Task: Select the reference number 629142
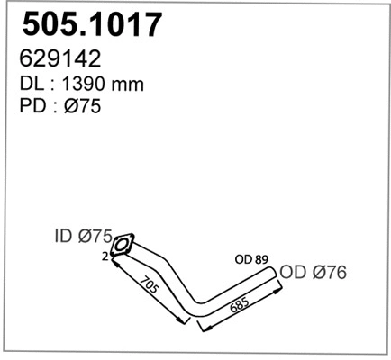coord(59,58)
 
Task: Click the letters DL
coord(32,84)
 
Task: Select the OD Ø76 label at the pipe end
coord(312,272)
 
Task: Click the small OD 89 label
coord(253,260)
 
